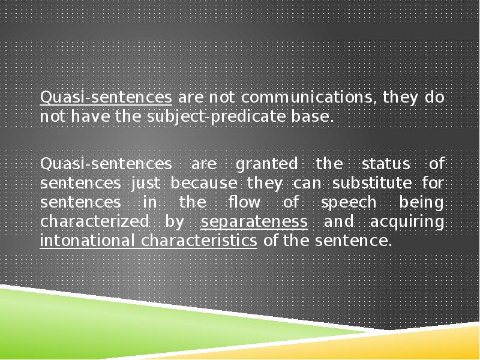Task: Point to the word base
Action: [x=316, y=116]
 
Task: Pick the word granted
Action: [x=266, y=163]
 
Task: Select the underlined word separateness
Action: [x=254, y=221]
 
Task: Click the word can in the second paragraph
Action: [x=295, y=182]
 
